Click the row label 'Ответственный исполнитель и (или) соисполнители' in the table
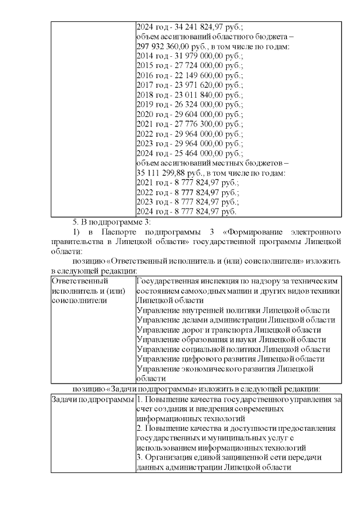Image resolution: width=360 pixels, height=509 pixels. [87, 290]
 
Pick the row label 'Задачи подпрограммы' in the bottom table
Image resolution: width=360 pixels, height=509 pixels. [92, 399]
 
